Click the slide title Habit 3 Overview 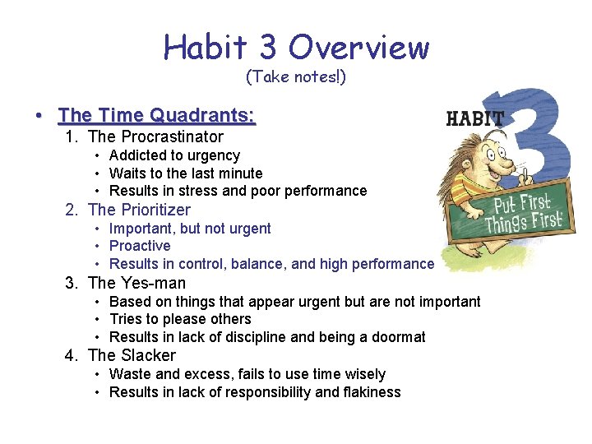[x=296, y=47]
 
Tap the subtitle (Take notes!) [x=296, y=77]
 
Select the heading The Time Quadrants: [x=157, y=115]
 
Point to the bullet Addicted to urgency [x=174, y=155]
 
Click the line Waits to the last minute [x=186, y=173]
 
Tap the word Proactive [x=140, y=246]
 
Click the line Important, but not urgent [x=190, y=229]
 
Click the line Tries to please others [x=180, y=319]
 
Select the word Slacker [x=148, y=355]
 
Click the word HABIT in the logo [x=474, y=118]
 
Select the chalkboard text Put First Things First [x=523, y=214]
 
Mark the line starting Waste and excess [x=247, y=374]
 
